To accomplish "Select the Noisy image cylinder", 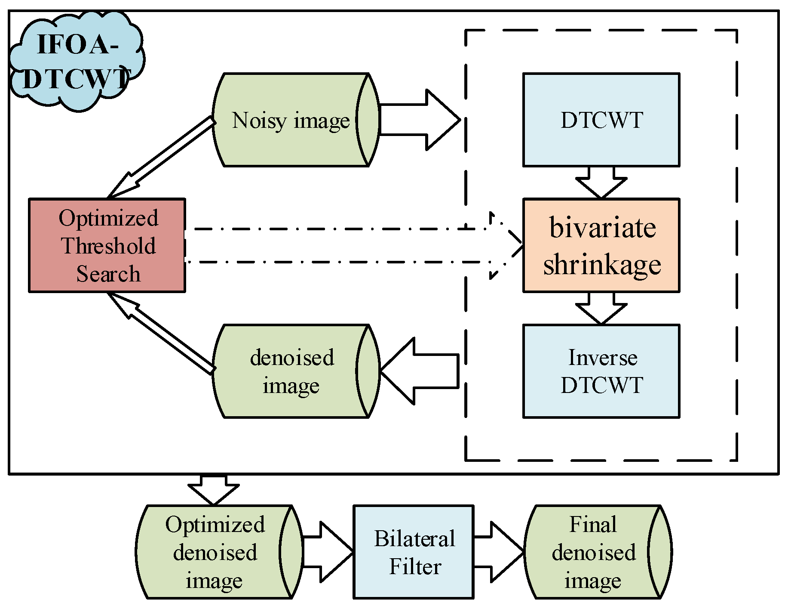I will pyautogui.click(x=291, y=120).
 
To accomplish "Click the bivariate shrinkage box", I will pyautogui.click(x=601, y=245).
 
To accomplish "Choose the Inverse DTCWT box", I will pyautogui.click(x=601, y=371).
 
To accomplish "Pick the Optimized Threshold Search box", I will pyautogui.click(x=107, y=245).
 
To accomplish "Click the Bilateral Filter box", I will pyautogui.click(x=414, y=552).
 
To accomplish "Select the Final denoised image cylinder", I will pyautogui.click(x=593, y=552).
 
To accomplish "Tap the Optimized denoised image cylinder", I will pyautogui.click(x=215, y=552).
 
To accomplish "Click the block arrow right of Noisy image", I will pyautogui.click(x=423, y=120).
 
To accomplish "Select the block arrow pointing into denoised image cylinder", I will pyautogui.click(x=417, y=371).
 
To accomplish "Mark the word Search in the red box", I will pyautogui.click(x=108, y=274).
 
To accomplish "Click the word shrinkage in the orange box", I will pyautogui.click(x=602, y=264).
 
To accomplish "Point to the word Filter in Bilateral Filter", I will pyautogui.click(x=415, y=566).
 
